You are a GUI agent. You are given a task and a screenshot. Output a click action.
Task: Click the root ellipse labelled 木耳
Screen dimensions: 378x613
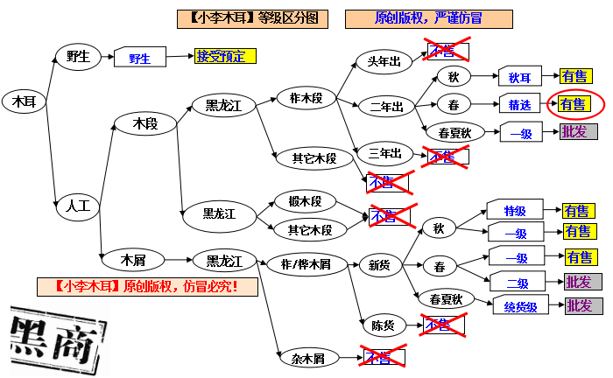pyautogui.click(x=24, y=101)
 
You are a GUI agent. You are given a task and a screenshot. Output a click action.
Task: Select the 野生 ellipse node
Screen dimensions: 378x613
pyautogui.click(x=78, y=57)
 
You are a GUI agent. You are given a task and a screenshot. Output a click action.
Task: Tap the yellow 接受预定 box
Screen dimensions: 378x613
pyautogui.click(x=226, y=57)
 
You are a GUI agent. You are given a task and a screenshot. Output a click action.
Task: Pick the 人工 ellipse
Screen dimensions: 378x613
pyautogui.click(x=78, y=207)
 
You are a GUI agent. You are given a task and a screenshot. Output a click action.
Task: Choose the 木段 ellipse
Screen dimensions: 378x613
pyautogui.click(x=144, y=124)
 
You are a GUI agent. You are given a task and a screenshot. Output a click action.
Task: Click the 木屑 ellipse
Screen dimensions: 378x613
pyautogui.click(x=132, y=260)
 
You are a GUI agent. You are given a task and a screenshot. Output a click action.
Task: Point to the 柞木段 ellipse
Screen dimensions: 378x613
pyautogui.click(x=306, y=98)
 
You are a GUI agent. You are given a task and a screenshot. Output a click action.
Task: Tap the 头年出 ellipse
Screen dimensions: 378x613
pyautogui.click(x=384, y=61)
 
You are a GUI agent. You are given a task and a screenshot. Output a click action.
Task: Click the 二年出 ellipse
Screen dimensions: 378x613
pyautogui.click(x=385, y=107)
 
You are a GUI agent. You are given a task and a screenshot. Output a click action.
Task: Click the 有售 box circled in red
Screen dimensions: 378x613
pyautogui.click(x=574, y=104)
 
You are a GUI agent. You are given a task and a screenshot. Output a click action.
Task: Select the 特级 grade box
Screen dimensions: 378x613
pyautogui.click(x=514, y=211)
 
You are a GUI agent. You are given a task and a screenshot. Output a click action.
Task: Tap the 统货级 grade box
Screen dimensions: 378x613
pyautogui.click(x=525, y=306)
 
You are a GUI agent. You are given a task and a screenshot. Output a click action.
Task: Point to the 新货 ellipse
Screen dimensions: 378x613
pyautogui.click(x=380, y=264)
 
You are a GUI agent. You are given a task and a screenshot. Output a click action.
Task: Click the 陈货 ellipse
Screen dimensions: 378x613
pyautogui.click(x=383, y=325)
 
